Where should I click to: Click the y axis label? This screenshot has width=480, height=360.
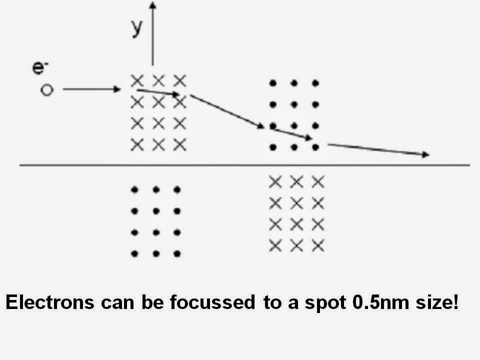(136, 28)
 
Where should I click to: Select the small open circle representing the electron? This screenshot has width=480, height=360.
(46, 90)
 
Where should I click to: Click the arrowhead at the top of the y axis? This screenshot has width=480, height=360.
(153, 5)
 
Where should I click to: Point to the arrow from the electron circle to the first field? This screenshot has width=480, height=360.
(92, 90)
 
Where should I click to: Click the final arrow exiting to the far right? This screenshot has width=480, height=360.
(378, 149)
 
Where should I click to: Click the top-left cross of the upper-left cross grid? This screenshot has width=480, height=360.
(136, 80)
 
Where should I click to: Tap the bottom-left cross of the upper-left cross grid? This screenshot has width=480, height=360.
(136, 145)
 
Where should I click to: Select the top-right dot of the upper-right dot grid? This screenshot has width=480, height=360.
(315, 83)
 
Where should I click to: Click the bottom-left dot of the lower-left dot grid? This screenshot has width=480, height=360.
(134, 254)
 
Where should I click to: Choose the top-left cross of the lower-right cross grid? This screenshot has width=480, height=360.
(274, 181)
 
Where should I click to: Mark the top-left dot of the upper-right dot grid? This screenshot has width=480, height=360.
(272, 83)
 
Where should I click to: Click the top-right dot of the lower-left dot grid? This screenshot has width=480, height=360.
(176, 190)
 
